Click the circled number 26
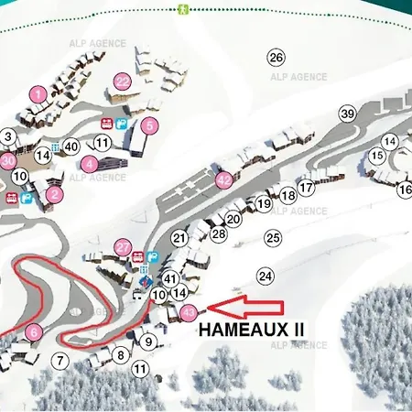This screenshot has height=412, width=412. coord(276,57)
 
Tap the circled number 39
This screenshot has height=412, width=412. coord(347,114)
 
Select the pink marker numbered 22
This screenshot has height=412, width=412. coord(123,81)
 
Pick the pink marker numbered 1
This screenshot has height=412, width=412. coord(38,93)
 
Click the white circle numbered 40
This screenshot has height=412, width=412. coord(72,146)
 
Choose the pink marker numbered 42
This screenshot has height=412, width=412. coord(222,180)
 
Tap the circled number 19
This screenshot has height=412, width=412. coord(264,204)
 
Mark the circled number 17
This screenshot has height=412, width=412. coord(307,188)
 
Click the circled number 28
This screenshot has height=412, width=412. coord(219,234)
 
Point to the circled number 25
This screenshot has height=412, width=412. coord(272,237)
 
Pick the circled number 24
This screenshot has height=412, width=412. coord(266,276)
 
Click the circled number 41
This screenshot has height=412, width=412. coord(170,277)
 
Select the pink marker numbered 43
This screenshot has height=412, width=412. coord(189,312)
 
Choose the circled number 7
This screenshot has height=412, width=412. coord(60,361)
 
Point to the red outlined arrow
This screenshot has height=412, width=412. coord(247,309)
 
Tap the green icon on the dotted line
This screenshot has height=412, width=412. coord(183,9)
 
